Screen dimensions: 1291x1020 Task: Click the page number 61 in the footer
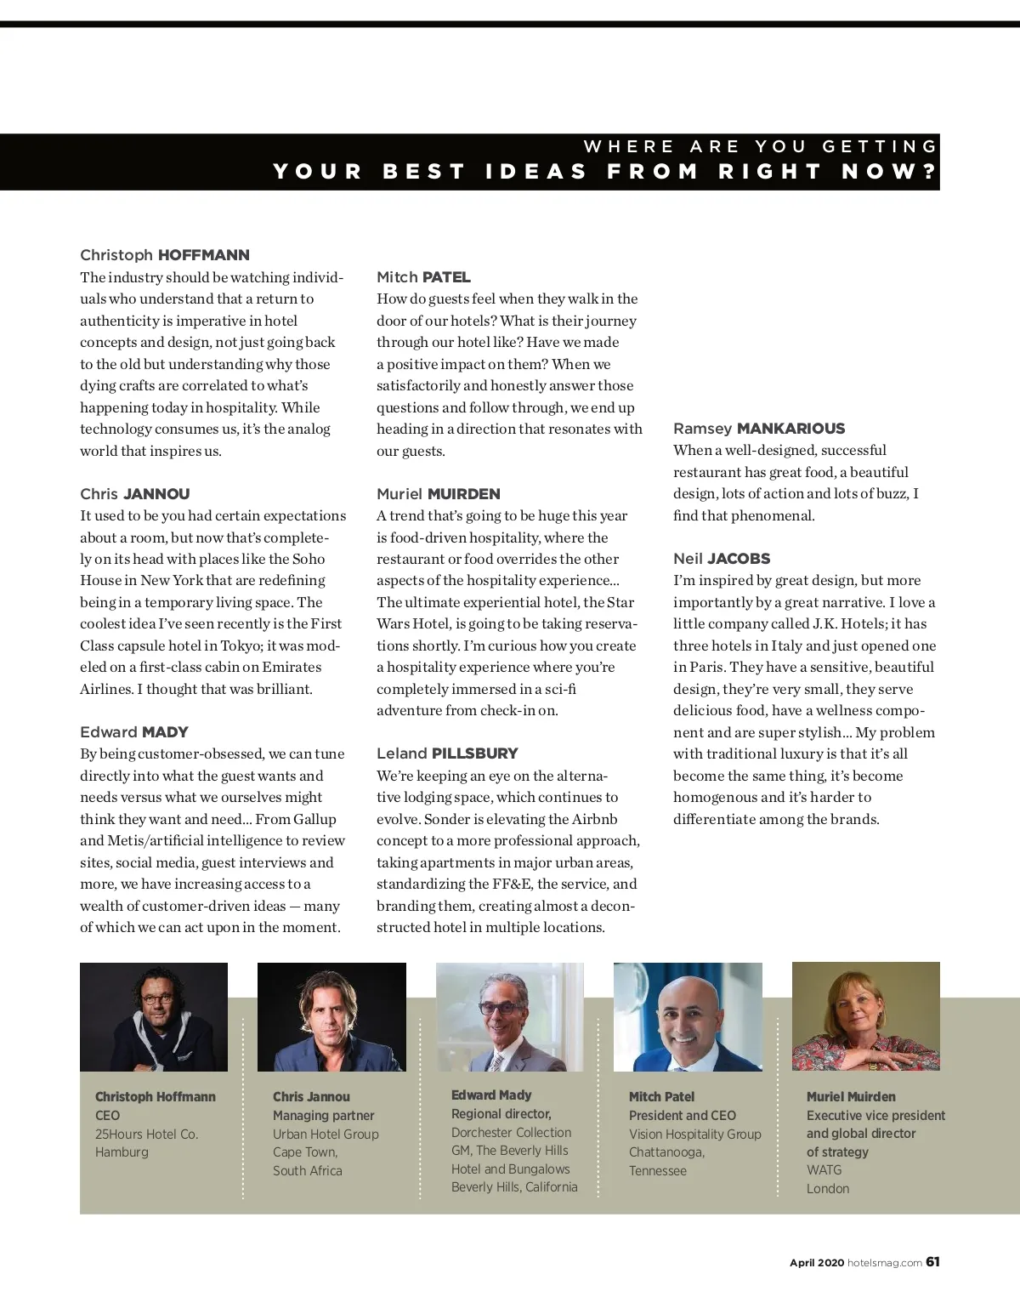(932, 1262)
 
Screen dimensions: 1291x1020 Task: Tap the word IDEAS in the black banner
(536, 172)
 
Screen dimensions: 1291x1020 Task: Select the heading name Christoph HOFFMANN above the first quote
(165, 255)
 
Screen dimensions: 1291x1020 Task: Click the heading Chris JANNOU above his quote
(135, 494)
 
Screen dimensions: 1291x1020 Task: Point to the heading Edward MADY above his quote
(134, 732)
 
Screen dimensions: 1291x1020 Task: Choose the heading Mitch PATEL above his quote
(423, 277)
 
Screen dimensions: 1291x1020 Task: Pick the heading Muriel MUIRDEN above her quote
(439, 494)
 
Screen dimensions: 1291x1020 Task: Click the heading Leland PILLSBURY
(447, 754)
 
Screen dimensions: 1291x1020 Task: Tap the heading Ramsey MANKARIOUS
(759, 429)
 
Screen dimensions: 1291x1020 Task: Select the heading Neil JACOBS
(722, 559)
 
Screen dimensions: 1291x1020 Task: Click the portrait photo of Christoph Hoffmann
(154, 1017)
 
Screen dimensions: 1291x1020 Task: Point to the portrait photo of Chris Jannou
(331, 1017)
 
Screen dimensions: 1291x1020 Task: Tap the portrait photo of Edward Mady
(509, 1017)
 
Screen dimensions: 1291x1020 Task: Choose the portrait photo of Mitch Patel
(688, 1017)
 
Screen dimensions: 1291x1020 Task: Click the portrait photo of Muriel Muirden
(865, 1016)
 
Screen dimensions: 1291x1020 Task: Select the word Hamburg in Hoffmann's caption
(122, 1152)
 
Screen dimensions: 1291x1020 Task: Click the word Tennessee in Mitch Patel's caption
(658, 1171)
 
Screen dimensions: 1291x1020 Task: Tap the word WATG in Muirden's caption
(824, 1170)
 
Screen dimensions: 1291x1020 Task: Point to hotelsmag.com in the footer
(885, 1263)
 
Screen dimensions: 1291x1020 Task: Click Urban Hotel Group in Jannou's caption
(326, 1135)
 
